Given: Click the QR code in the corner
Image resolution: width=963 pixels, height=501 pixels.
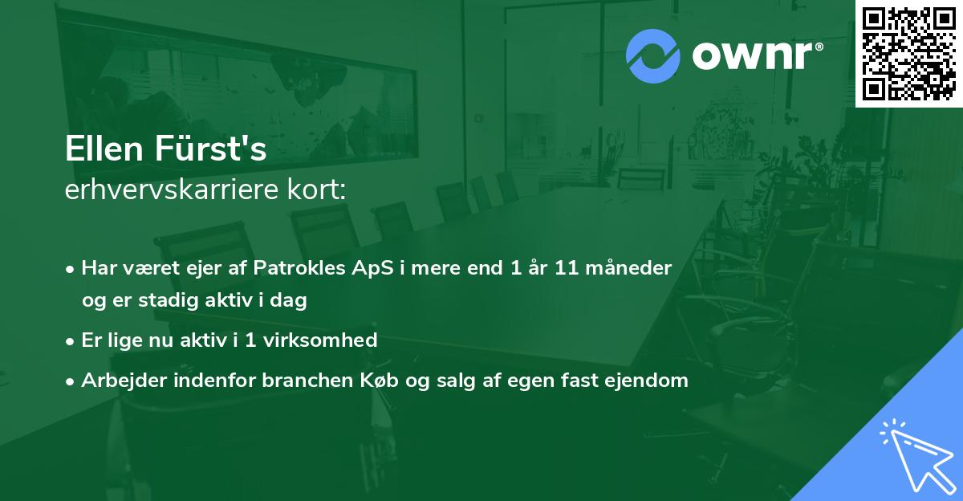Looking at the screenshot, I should (908, 53).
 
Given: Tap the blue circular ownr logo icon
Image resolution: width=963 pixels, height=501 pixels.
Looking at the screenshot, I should (653, 56).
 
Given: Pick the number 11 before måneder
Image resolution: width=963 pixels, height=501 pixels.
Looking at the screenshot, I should (567, 268).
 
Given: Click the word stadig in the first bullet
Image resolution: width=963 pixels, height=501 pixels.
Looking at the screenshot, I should (161, 300).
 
